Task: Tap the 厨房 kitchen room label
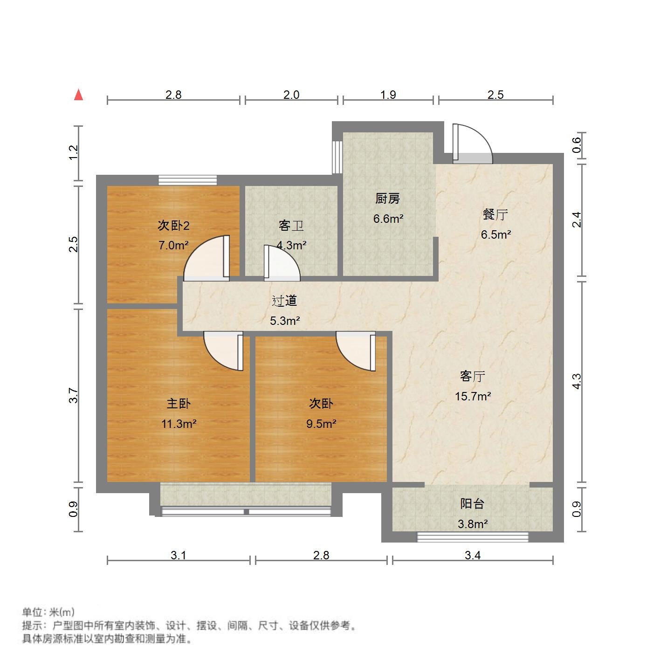pyautogui.click(x=387, y=199)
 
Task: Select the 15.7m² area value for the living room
pyautogui.click(x=473, y=396)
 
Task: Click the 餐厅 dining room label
pyautogui.click(x=495, y=215)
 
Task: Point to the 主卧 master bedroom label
pyautogui.click(x=179, y=404)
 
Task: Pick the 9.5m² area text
pyautogui.click(x=321, y=424)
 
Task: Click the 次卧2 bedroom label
pyautogui.click(x=173, y=226)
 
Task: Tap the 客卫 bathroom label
pyautogui.click(x=291, y=226)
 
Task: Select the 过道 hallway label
pyautogui.click(x=284, y=301)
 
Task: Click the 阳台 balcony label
pyautogui.click(x=472, y=504)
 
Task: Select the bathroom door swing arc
pyautogui.click(x=282, y=264)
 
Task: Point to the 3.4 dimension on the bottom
pyautogui.click(x=473, y=555)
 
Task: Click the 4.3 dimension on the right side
pyautogui.click(x=577, y=381)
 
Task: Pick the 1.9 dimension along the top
pyautogui.click(x=388, y=95)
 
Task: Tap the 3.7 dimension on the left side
pyautogui.click(x=73, y=396)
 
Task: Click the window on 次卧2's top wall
pyautogui.click(x=187, y=180)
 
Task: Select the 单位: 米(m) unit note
pyautogui.click(x=48, y=612)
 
